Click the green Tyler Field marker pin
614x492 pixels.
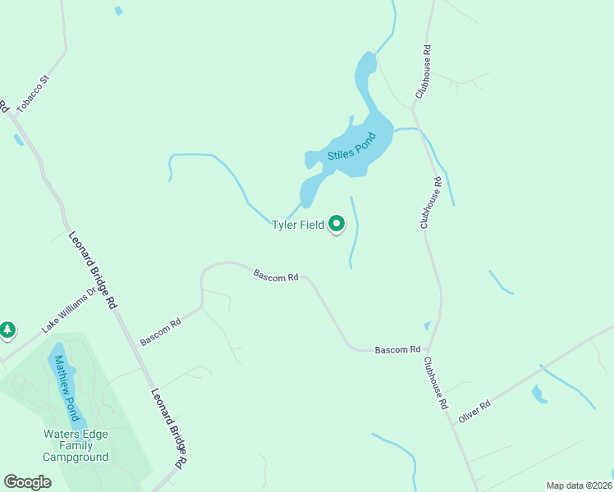pos(337,223)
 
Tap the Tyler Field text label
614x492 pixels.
pos(298,225)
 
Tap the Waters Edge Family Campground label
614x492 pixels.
pos(76,445)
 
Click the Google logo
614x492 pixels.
pos(27,482)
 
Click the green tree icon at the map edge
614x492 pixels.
pos(7,330)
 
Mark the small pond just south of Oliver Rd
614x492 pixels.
pos(538,394)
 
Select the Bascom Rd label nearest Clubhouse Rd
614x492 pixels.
pos(397,350)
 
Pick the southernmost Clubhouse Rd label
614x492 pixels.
pos(436,383)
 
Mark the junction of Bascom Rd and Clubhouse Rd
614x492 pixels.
pos(429,350)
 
